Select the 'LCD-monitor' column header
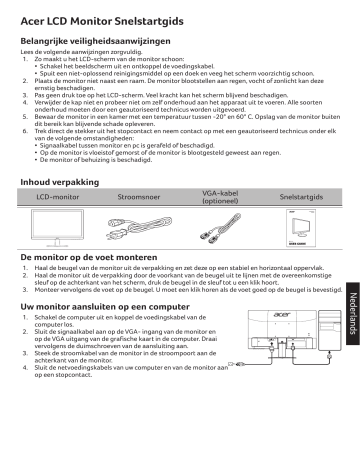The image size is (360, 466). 59,200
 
